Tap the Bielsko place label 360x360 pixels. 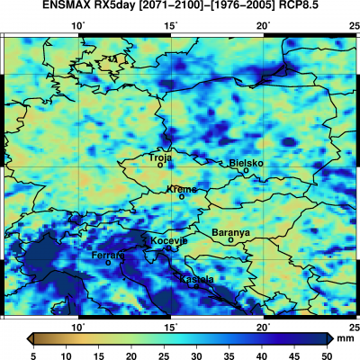coord(247,163)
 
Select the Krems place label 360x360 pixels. coord(182,189)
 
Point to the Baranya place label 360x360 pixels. coord(230,232)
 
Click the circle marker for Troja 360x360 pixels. coord(160,165)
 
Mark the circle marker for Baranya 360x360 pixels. coord(230,240)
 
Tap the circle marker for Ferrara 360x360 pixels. coord(109,263)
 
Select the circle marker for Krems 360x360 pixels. coord(182,196)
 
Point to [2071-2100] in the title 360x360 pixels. coord(180,8)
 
